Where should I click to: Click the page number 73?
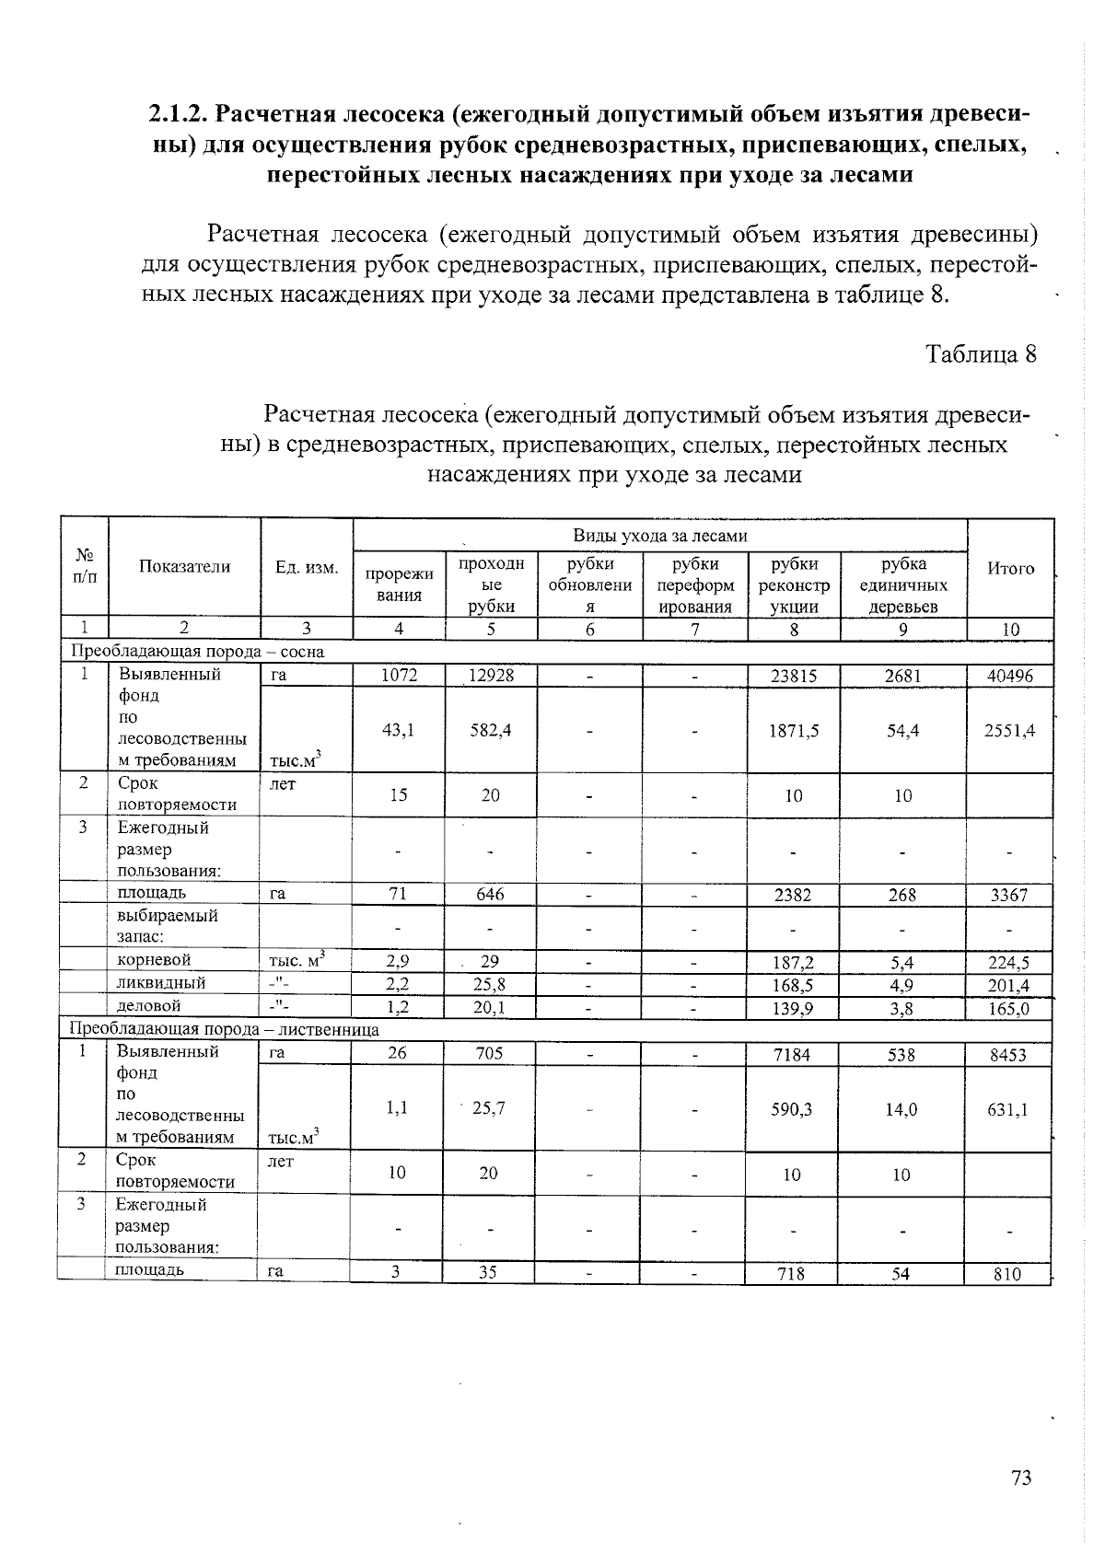[x=1020, y=1477]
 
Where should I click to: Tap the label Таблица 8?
[x=982, y=354]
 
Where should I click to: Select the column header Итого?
[x=1010, y=569]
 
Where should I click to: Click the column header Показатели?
[x=184, y=567]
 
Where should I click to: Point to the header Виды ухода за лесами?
[x=659, y=536]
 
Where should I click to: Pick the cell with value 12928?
[x=490, y=675]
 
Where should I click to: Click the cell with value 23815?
[x=793, y=675]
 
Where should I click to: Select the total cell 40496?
[x=1009, y=676]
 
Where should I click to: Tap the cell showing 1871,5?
[x=793, y=730]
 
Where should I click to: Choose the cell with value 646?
[x=490, y=894]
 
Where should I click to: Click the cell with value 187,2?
[x=793, y=963]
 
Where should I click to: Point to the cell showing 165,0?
[x=1009, y=1009]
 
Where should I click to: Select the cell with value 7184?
[x=792, y=1054]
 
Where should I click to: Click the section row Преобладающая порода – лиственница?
[x=225, y=1029]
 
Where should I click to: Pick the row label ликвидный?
[x=161, y=983]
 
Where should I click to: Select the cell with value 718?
[x=791, y=1274]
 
